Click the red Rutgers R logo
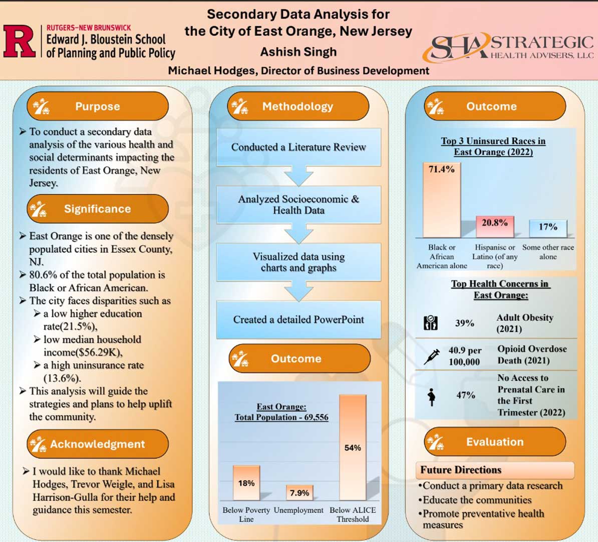click(x=19, y=41)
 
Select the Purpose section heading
click(x=98, y=106)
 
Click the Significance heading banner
click(x=98, y=209)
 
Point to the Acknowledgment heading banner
click(x=98, y=444)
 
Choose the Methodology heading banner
click(x=298, y=106)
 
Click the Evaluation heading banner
click(x=495, y=442)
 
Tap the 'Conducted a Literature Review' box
click(x=298, y=147)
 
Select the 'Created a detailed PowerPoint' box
click(x=298, y=319)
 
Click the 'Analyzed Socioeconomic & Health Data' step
click(x=298, y=205)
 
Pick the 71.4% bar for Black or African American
click(x=442, y=200)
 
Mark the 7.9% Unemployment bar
click(x=300, y=493)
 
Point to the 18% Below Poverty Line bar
click(x=246, y=483)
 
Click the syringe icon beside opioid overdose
click(x=431, y=356)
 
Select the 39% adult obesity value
click(x=465, y=323)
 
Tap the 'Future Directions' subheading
click(x=461, y=470)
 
